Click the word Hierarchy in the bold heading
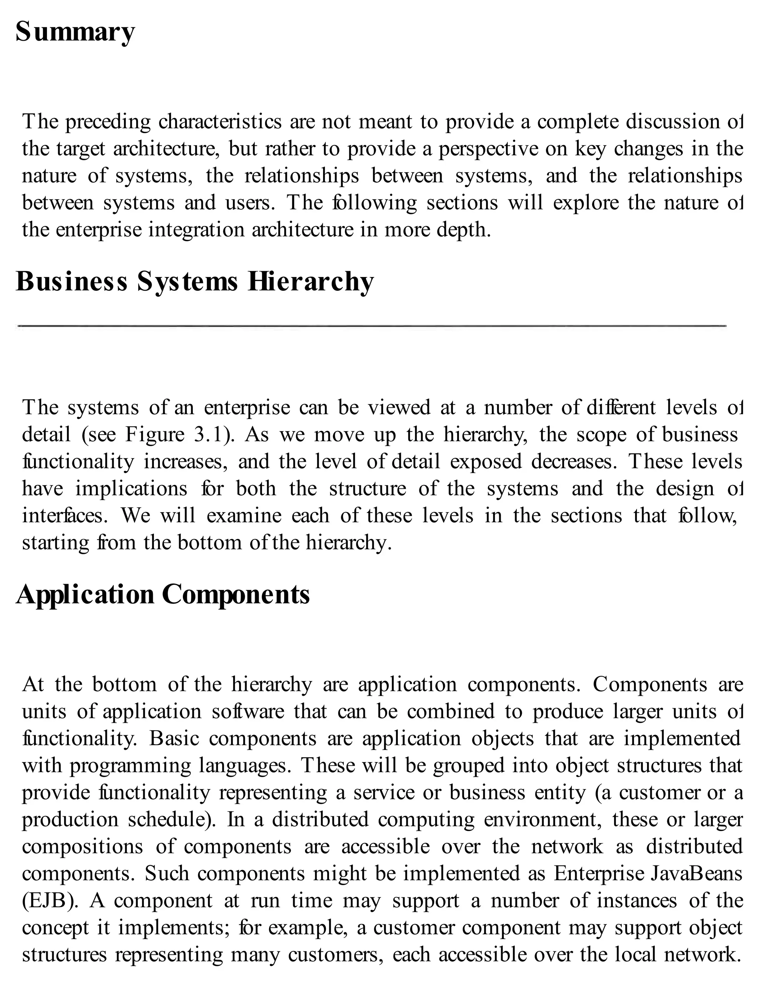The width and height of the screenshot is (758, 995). tap(311, 282)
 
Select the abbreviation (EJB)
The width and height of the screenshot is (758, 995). tap(50, 901)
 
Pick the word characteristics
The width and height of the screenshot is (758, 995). tap(220, 122)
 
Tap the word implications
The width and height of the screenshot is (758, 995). tap(131, 489)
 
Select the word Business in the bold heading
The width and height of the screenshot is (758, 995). tap(72, 282)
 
